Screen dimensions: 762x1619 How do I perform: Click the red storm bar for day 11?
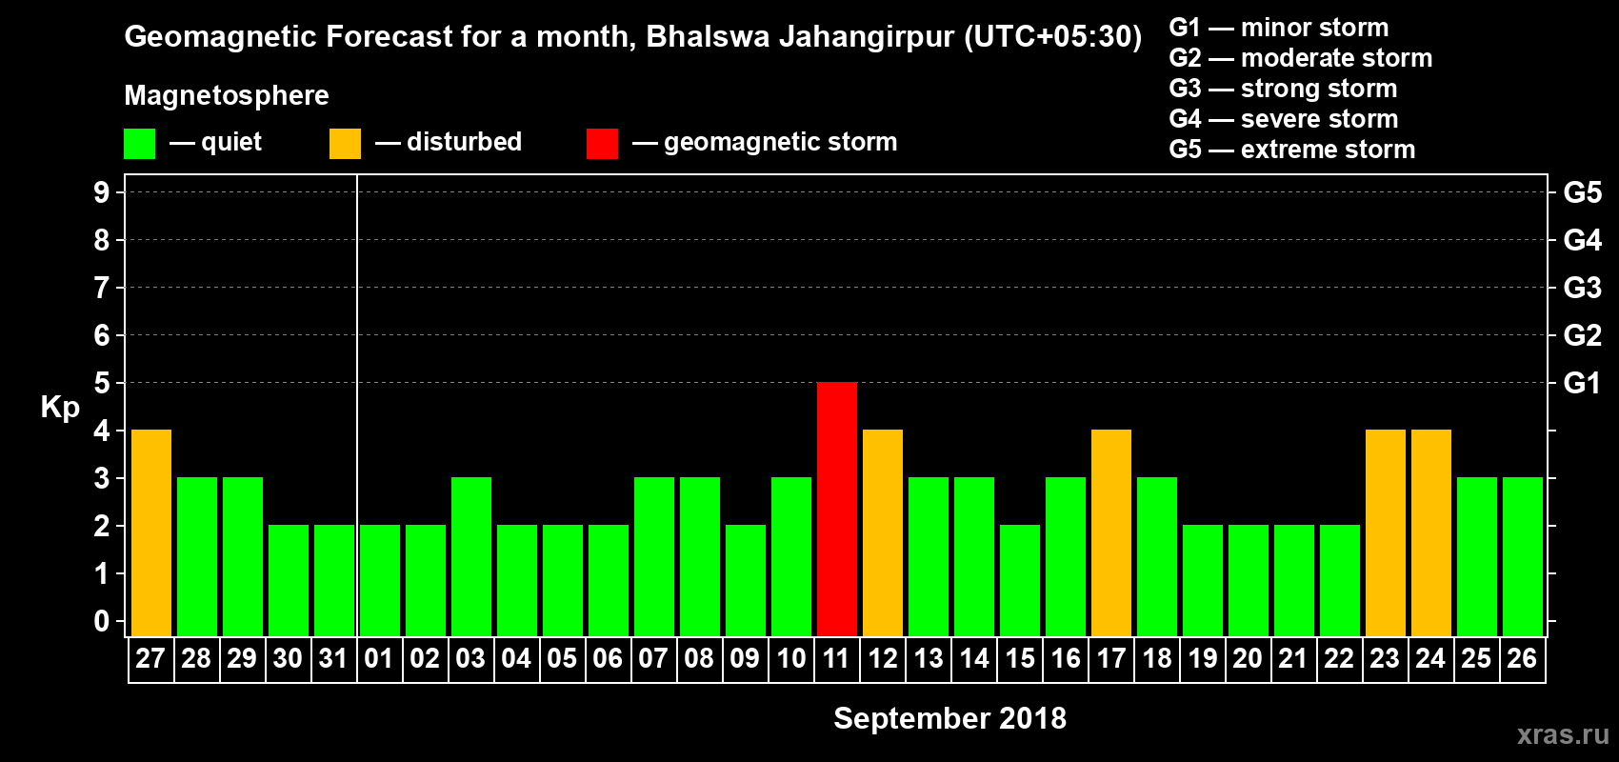837,509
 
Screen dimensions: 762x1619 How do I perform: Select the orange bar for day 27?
151,532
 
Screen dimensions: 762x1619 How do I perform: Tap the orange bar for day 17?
1111,532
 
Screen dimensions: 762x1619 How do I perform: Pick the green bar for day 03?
471,556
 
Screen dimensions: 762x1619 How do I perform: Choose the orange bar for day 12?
883,532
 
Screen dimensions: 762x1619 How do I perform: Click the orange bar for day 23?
1386,532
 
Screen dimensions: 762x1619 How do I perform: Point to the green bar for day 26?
1523,556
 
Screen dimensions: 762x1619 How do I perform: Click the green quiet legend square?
140,144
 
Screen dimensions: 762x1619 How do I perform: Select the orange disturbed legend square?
345,144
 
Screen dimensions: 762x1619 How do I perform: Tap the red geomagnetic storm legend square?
602,144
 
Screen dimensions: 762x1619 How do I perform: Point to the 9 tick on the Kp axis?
102,192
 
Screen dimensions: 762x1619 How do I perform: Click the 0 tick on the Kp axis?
102,622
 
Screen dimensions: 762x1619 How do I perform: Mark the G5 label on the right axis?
1582,192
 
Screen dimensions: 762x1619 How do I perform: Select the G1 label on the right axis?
1582,383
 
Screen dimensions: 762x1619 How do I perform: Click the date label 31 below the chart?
333,658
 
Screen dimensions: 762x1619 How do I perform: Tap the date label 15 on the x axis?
1020,658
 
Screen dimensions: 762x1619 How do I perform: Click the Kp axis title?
60,407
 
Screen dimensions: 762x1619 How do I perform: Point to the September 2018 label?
949,718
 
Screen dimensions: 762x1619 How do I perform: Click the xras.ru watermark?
1563,734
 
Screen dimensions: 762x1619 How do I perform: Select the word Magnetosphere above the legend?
227,95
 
